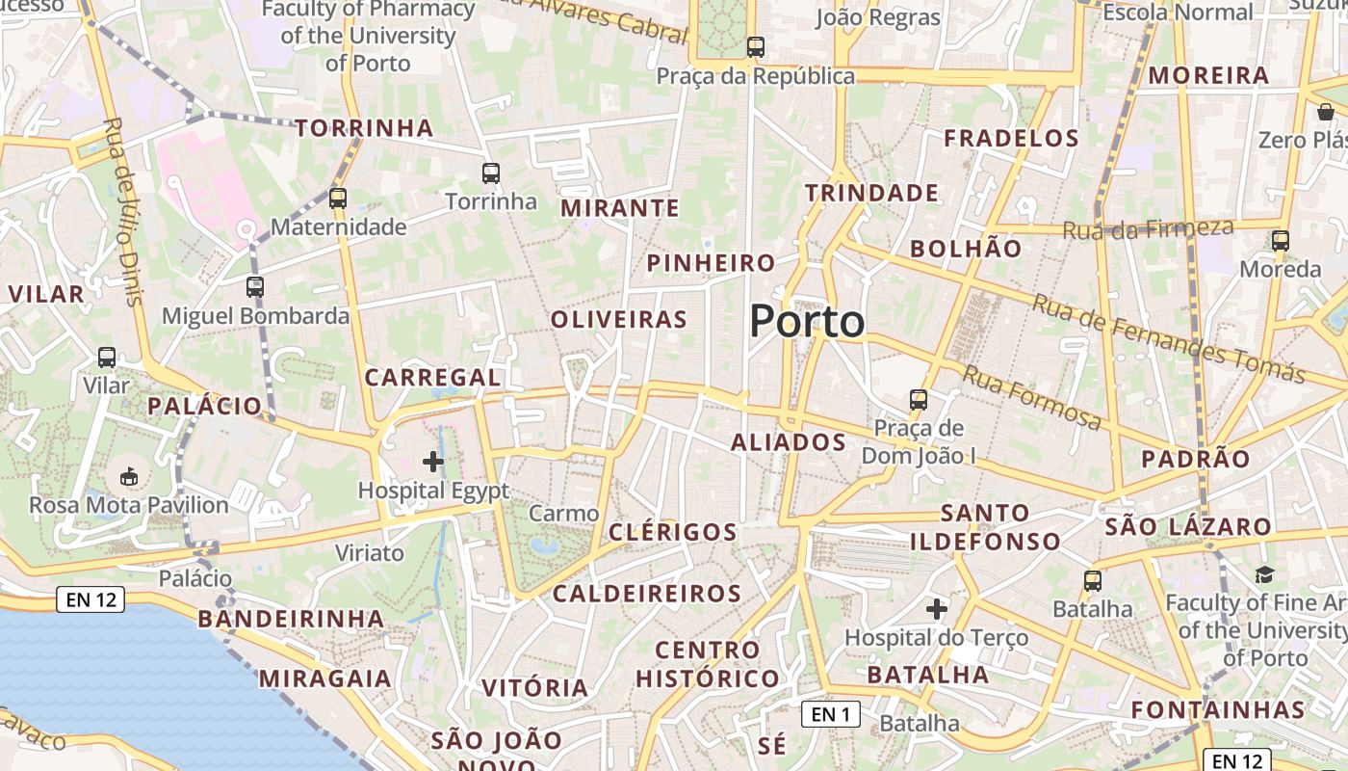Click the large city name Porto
coord(807,321)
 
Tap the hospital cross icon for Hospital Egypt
coord(433,462)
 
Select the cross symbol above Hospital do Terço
coord(936,609)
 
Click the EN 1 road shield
coord(830,714)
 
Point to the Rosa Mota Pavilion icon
coord(128,476)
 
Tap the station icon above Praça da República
coord(756,46)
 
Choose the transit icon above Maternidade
coord(337,199)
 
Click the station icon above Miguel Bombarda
coord(255,286)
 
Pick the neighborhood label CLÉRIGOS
coord(673,532)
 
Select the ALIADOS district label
coord(788,442)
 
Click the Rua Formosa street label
coord(1032,397)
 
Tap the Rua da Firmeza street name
coord(1148,229)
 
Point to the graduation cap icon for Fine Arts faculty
coord(1264,574)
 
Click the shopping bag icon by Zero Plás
coord(1326,113)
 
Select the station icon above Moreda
coord(1280,240)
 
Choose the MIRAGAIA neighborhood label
coord(325,678)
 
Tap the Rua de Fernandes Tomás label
coord(1168,338)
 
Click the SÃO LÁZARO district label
coord(1188,527)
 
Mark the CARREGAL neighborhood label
coord(433,377)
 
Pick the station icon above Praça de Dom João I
coord(919,399)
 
